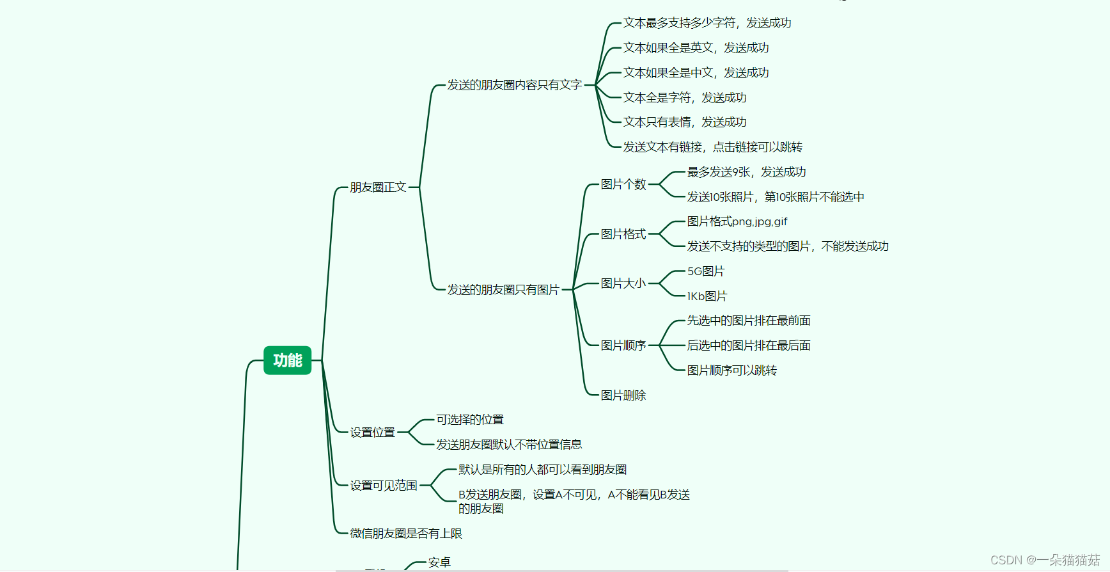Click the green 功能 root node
[x=287, y=360]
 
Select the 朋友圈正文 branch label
[x=378, y=187]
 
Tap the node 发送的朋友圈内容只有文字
[x=514, y=85]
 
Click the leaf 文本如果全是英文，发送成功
[x=696, y=48]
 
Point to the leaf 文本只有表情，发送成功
[x=685, y=122]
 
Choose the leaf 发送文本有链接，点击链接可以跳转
[x=712, y=147]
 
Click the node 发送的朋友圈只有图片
[x=503, y=290]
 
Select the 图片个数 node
[x=623, y=184]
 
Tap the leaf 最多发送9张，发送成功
[x=746, y=172]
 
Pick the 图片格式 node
[x=623, y=234]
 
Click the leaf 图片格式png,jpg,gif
[x=737, y=221]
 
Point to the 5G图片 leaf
[x=706, y=271]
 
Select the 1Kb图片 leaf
[x=707, y=296]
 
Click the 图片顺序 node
[x=623, y=346]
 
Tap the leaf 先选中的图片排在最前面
[x=749, y=321]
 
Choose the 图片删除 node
[x=623, y=395]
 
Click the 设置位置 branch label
[x=373, y=433]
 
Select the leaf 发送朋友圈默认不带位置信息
[x=509, y=445]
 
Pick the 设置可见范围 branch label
[x=384, y=486]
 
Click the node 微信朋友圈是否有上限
[x=406, y=534]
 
